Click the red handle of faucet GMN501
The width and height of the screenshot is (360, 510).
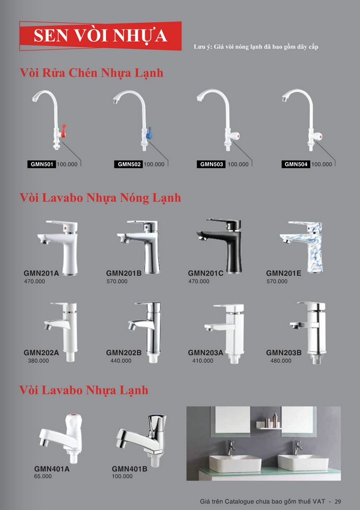(x=64, y=131)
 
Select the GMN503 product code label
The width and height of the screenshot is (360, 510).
(x=212, y=164)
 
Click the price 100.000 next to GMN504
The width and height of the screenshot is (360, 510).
(x=322, y=164)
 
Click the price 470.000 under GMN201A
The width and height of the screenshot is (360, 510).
(x=34, y=282)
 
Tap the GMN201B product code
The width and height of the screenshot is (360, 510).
(x=124, y=273)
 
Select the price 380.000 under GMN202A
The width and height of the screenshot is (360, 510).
(x=38, y=360)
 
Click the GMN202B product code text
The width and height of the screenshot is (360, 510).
(x=124, y=353)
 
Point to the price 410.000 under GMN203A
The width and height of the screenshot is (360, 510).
(x=203, y=360)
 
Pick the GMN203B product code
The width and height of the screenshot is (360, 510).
(x=284, y=353)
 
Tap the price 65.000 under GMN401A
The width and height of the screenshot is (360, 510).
(x=43, y=476)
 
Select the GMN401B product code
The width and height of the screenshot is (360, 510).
(x=129, y=469)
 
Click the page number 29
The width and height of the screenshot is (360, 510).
(x=338, y=501)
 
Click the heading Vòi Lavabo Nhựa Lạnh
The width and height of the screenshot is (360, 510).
(x=84, y=390)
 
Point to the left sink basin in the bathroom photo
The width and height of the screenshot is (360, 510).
(x=235, y=463)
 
